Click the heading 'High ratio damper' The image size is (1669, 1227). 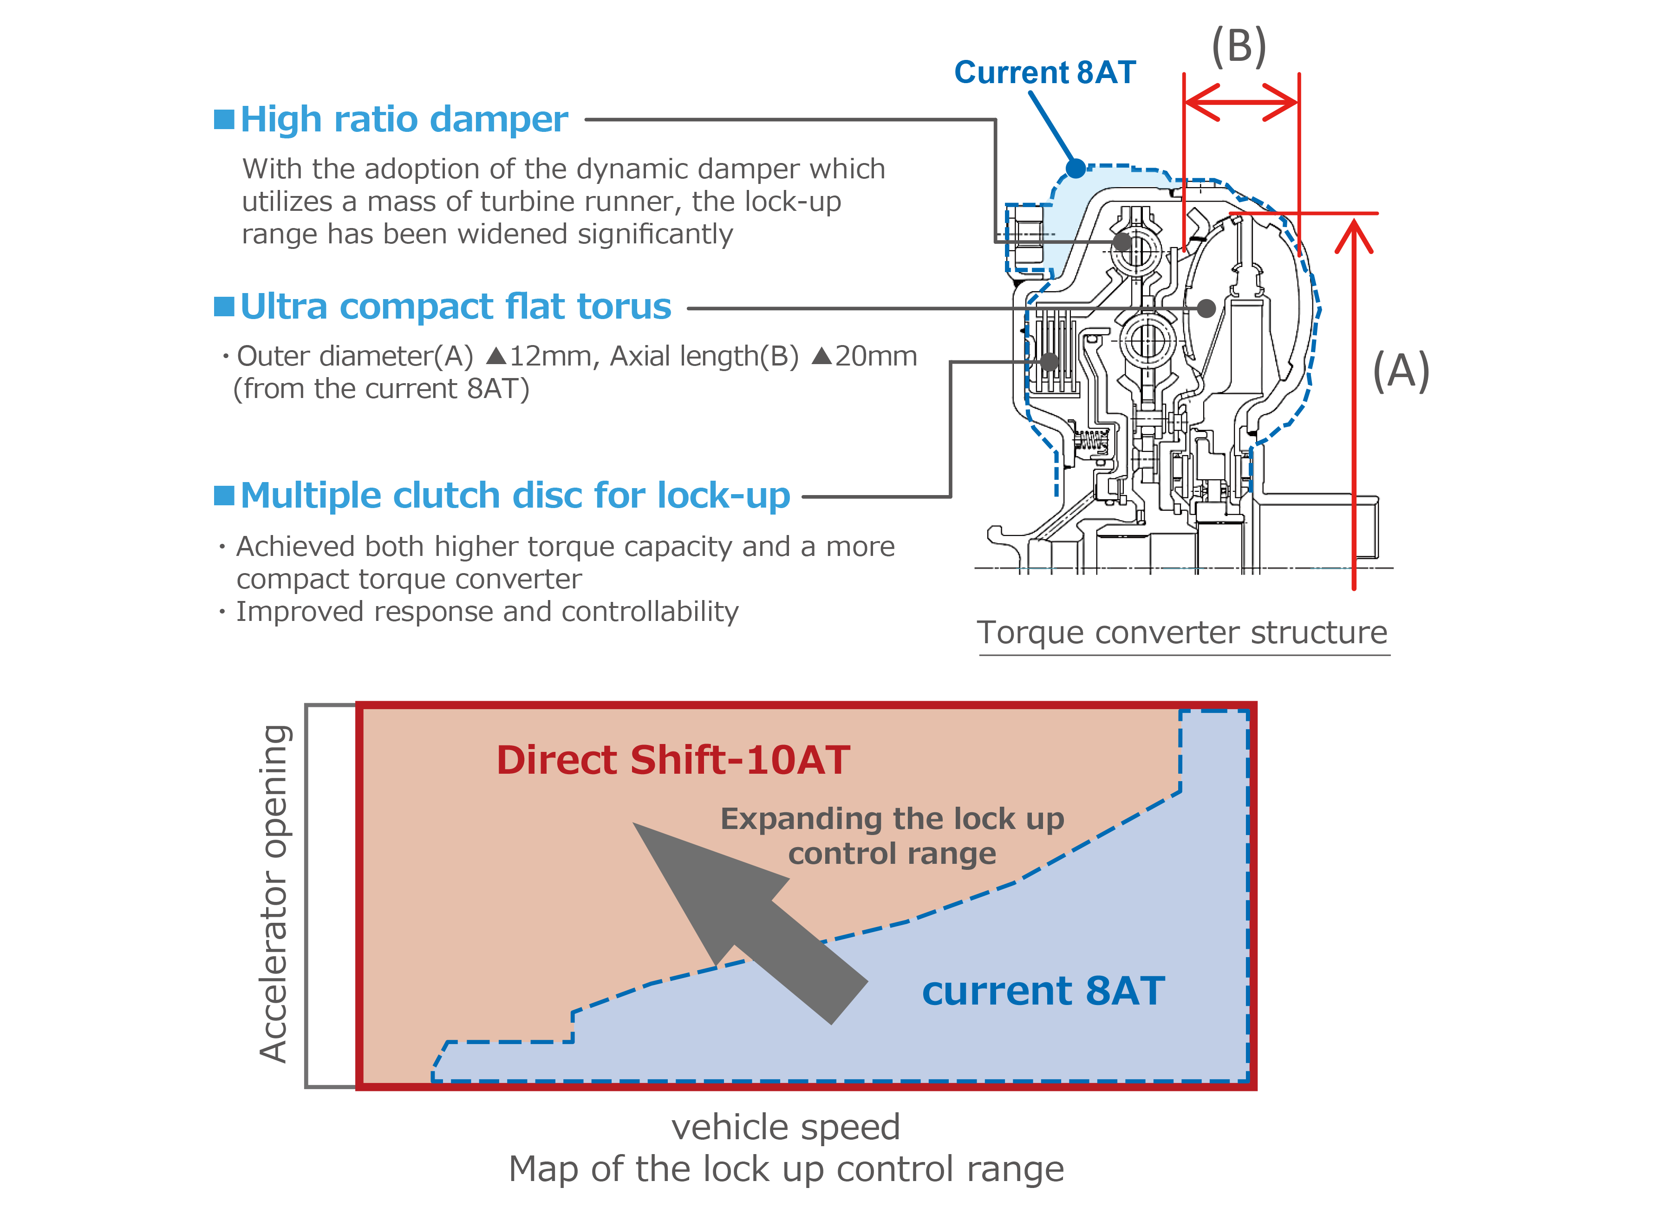tap(404, 119)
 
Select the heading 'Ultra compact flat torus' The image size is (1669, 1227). tap(455, 307)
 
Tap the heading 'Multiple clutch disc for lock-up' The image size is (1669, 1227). tap(515, 496)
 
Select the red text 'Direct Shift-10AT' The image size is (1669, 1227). tap(673, 760)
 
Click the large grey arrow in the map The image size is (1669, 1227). tap(750, 923)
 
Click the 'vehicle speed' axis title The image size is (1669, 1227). tap(786, 1127)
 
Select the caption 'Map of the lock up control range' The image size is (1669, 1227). tap(786, 1169)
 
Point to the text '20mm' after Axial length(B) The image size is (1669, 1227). tap(876, 357)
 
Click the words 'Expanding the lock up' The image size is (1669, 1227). tap(892, 819)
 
